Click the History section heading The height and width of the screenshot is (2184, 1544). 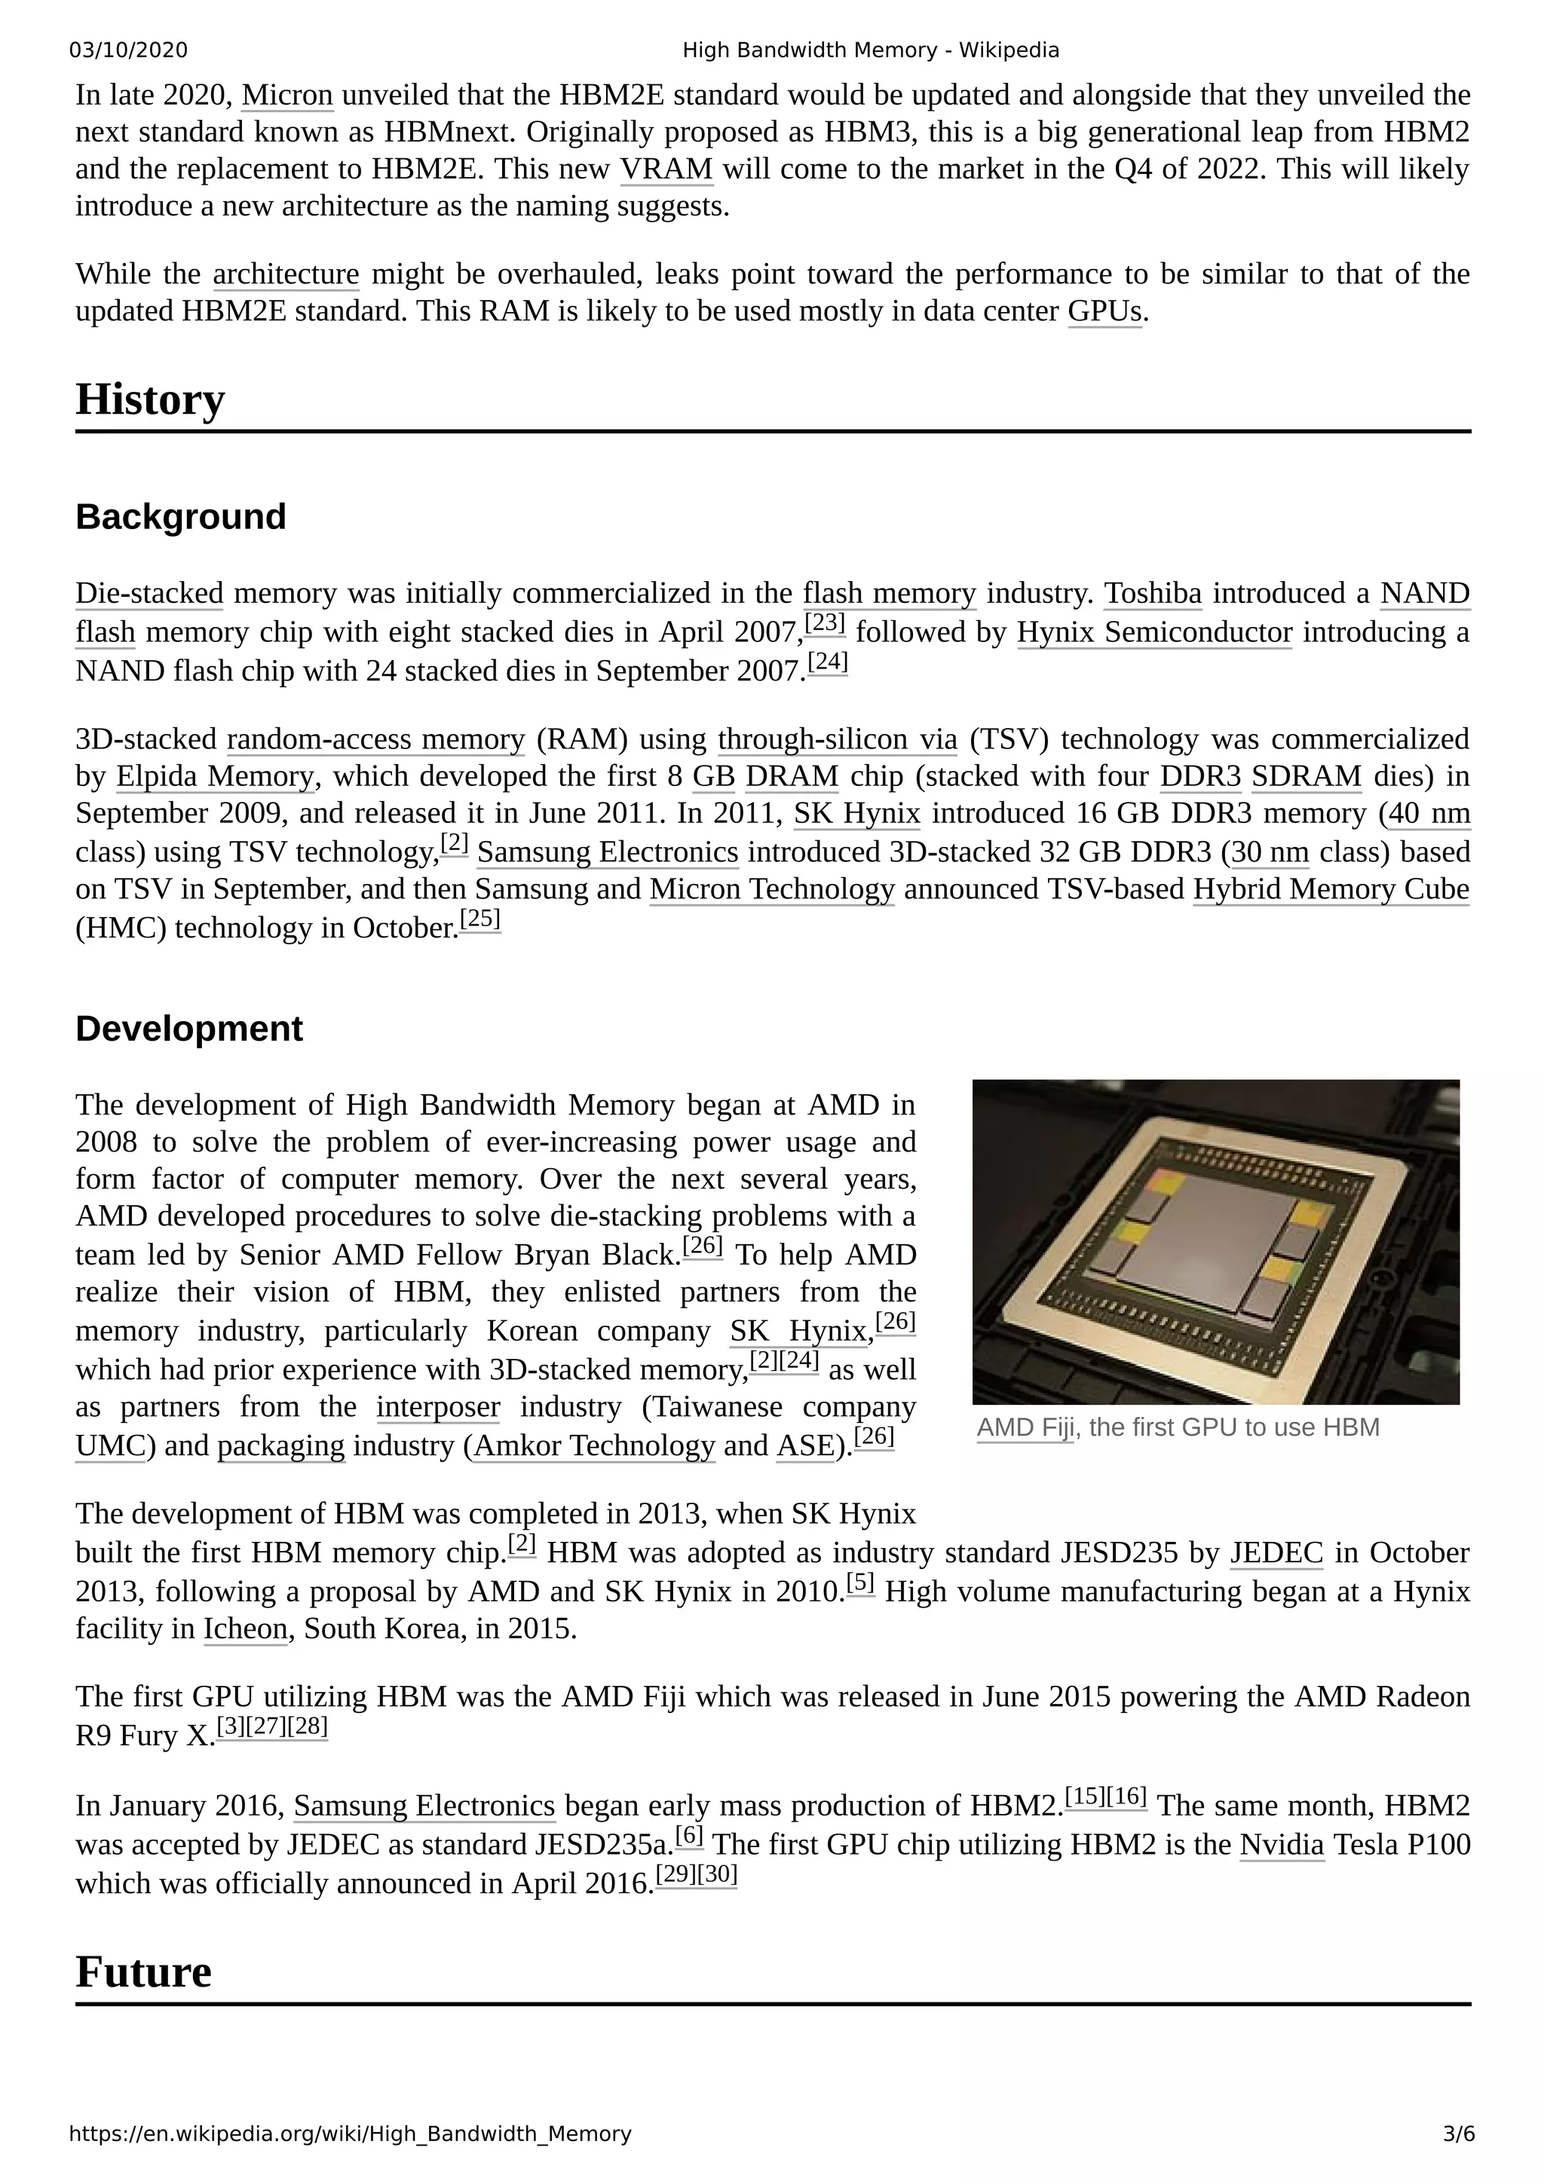click(x=150, y=399)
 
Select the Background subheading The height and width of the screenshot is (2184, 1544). click(x=181, y=518)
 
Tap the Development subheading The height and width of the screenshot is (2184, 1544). click(x=189, y=1029)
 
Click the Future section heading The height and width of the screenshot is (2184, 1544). click(x=144, y=1972)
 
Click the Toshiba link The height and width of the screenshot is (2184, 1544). click(x=1152, y=594)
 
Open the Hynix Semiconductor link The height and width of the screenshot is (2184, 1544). click(x=1154, y=632)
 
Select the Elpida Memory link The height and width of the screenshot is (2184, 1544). click(x=215, y=777)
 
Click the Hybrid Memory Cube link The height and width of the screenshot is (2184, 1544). click(x=1331, y=889)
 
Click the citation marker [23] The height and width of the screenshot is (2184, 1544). click(x=825, y=623)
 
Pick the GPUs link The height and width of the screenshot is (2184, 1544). click(x=1104, y=312)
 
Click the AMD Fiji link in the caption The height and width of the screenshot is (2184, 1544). click(x=1025, y=1428)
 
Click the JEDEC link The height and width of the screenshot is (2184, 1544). click(x=1276, y=1553)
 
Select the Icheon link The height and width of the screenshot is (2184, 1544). click(x=246, y=1629)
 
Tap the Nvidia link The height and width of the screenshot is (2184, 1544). click(x=1282, y=1846)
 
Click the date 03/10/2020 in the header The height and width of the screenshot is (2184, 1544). click(x=128, y=50)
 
